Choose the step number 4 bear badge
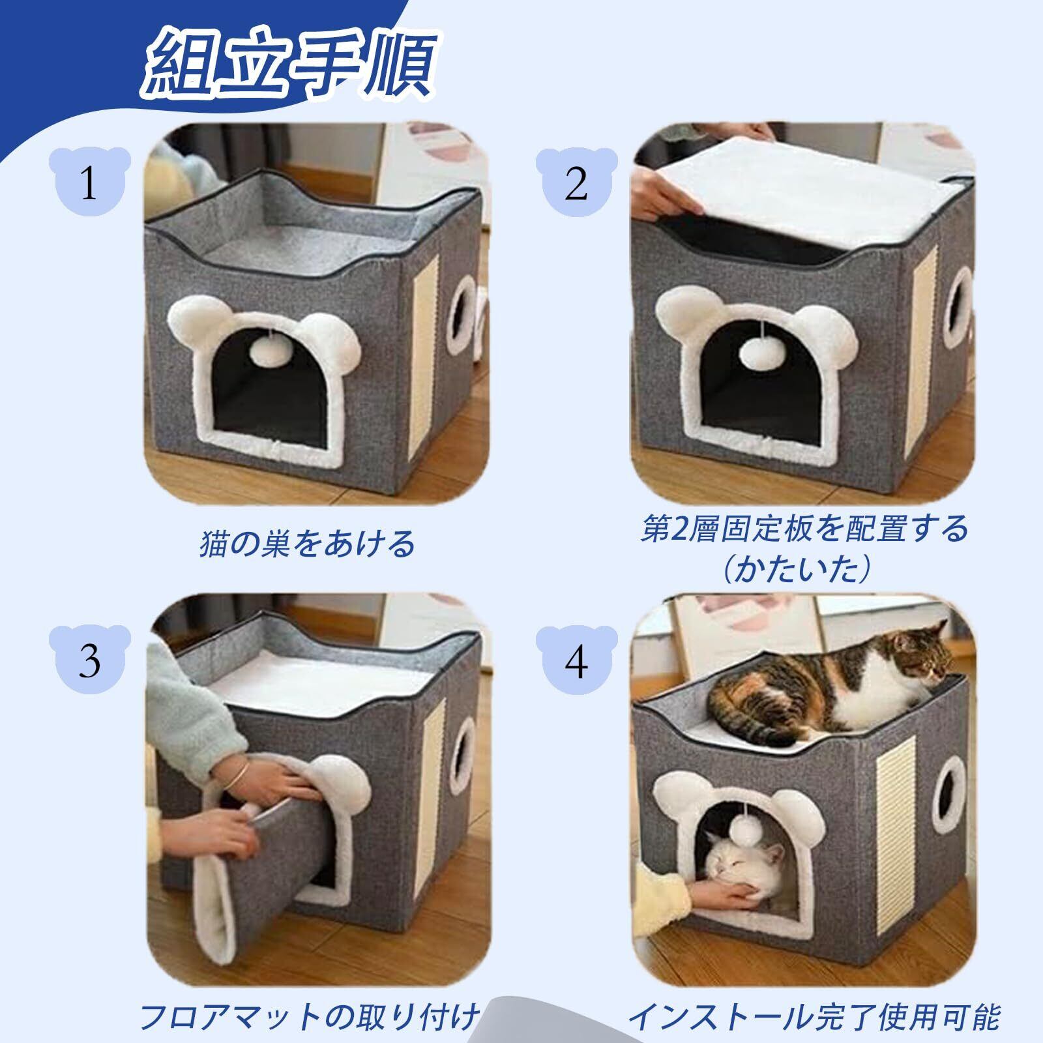576,661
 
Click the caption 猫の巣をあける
306,543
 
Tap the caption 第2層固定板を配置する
804,529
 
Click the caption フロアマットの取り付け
310,1015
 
